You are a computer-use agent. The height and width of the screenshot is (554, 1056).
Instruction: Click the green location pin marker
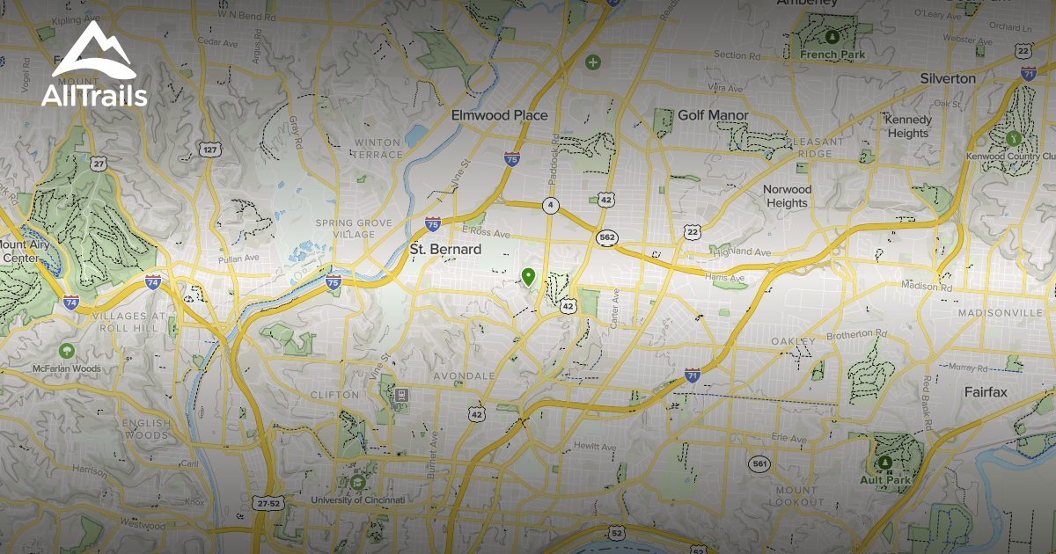[528, 277]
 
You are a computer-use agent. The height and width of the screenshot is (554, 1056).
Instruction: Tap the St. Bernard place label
[445, 250]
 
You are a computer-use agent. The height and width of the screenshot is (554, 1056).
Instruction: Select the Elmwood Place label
[499, 115]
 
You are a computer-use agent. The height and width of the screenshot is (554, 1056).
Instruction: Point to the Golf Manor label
[713, 115]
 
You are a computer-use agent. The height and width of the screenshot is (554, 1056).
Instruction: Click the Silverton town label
[948, 78]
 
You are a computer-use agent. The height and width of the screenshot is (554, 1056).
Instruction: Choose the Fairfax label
[985, 392]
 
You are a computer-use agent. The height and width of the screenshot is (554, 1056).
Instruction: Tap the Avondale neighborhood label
[464, 375]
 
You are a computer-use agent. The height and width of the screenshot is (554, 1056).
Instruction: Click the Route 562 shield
[607, 237]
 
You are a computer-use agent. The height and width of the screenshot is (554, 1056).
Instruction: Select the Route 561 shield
[759, 463]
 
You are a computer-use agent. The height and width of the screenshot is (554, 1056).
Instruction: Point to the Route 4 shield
[551, 206]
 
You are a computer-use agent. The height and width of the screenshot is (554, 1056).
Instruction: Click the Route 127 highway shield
[209, 150]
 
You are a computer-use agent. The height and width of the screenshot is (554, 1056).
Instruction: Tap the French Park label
[832, 55]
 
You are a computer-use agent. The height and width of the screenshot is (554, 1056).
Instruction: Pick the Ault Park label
[886, 480]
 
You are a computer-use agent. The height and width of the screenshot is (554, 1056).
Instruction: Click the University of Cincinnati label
[357, 500]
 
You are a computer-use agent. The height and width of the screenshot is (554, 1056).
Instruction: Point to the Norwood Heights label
[787, 196]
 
